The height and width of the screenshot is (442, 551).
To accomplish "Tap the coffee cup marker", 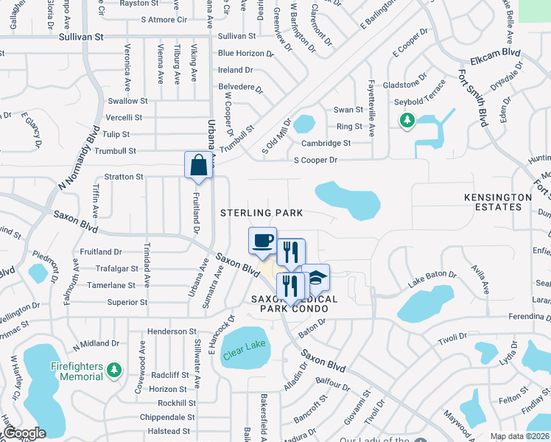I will point(263,240).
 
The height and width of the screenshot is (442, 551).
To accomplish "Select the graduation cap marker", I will point(315,277).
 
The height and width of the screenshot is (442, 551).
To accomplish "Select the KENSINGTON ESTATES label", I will point(498,203).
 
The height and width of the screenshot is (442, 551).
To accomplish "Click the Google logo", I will point(24,433).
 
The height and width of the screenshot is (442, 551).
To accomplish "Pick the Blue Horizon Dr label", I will point(245,53).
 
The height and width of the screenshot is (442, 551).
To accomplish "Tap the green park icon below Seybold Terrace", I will point(405,120).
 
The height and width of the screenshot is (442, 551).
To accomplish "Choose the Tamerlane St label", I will point(111,285).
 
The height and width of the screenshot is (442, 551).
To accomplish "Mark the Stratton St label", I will point(124,177).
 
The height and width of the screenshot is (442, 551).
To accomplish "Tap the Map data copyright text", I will point(519,436).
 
